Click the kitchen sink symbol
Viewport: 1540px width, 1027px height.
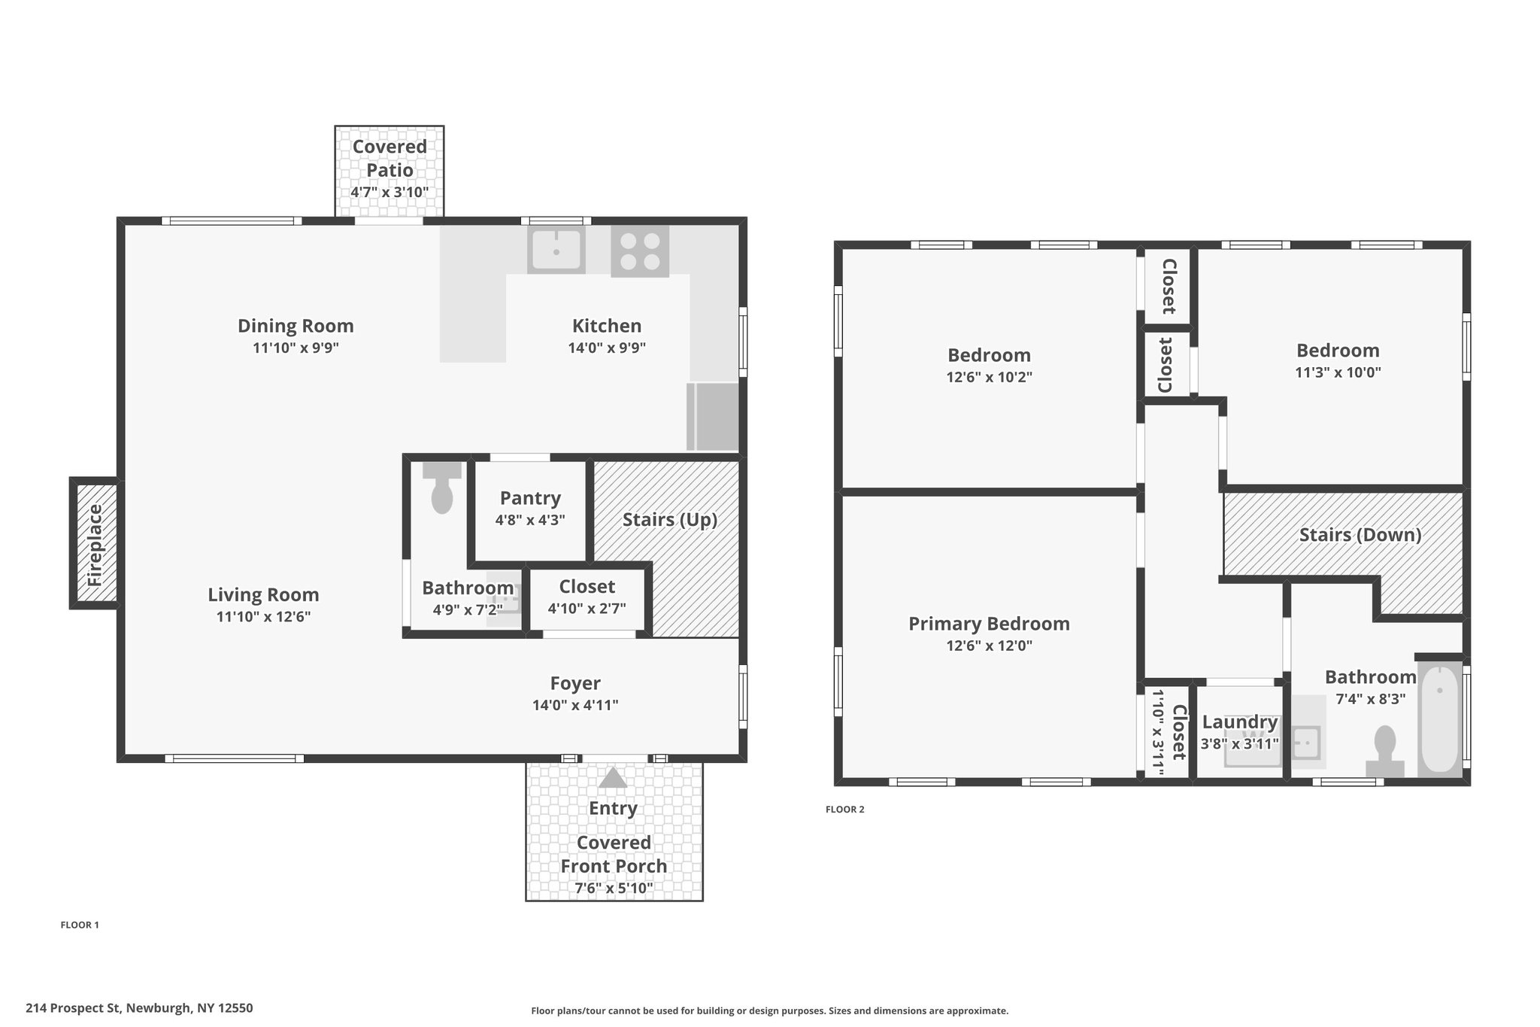click(556, 249)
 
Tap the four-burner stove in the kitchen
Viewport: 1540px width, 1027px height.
click(640, 251)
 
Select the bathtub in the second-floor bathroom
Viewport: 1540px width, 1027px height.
click(1440, 719)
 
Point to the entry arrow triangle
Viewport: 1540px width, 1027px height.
click(613, 777)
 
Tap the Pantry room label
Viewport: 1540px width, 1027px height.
click(530, 498)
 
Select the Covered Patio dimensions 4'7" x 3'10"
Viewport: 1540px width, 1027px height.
click(390, 192)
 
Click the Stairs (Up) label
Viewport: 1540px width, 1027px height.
click(670, 520)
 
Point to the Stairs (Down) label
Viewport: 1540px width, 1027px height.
click(1360, 535)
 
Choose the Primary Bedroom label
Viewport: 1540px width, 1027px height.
click(989, 624)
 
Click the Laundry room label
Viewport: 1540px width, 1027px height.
click(1240, 722)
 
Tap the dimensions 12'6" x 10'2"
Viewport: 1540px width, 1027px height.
click(989, 377)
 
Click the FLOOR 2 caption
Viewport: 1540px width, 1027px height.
click(845, 810)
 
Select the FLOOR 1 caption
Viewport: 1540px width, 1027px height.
click(80, 925)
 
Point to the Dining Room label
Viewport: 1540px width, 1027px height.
click(296, 326)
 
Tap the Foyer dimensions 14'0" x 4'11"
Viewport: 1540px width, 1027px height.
click(575, 705)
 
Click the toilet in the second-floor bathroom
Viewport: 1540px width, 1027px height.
click(1385, 751)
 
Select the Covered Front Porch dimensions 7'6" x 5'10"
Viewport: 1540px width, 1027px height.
click(614, 888)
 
